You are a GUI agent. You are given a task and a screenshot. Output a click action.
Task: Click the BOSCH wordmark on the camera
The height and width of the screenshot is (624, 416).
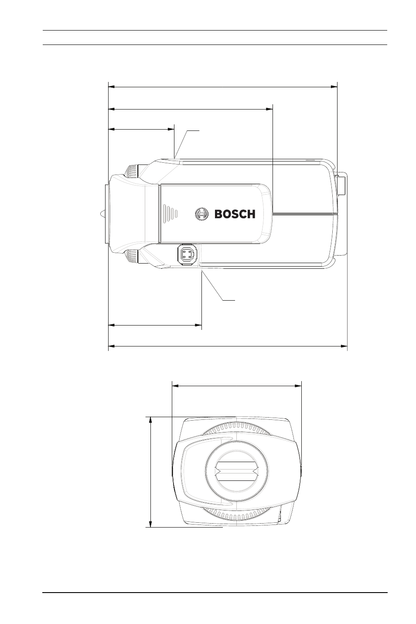point(235,214)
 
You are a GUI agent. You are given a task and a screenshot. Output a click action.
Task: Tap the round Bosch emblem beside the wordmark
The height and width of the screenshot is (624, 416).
point(201,214)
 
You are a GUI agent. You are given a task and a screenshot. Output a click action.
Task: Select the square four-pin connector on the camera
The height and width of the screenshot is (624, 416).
point(187,254)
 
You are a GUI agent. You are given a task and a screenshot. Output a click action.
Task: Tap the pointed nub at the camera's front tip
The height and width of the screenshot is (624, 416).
point(102,214)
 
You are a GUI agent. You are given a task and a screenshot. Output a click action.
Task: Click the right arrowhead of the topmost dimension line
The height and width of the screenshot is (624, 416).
point(334,87)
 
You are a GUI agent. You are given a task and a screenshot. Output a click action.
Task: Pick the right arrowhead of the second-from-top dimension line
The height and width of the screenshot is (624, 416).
point(269,109)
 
